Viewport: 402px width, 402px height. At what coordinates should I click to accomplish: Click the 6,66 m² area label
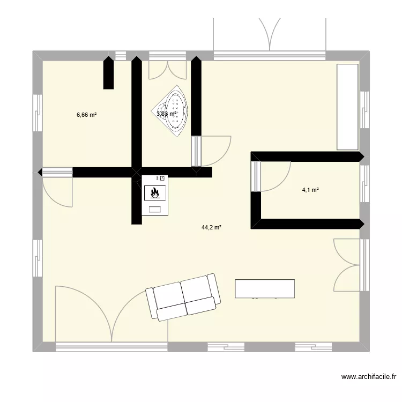[86, 115]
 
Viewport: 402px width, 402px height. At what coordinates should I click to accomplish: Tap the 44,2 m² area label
[211, 227]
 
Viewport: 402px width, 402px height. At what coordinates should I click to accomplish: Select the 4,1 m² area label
[311, 189]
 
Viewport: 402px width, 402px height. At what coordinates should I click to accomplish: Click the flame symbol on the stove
[155, 191]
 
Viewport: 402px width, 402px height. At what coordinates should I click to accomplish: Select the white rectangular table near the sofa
[265, 288]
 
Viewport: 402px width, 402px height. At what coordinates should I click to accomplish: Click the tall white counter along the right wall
[347, 107]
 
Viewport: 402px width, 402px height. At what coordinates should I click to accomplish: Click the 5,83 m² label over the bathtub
[166, 114]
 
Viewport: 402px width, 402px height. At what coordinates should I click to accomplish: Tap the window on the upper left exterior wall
[38, 113]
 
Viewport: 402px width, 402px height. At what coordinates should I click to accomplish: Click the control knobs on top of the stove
[161, 178]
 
